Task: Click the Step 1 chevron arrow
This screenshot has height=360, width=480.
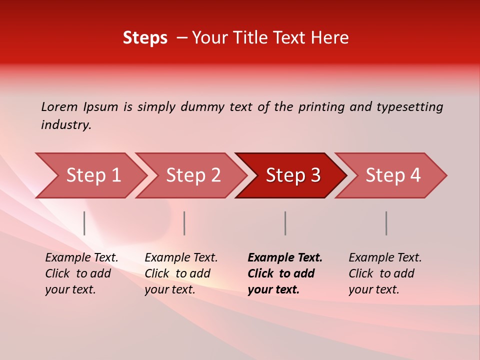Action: point(92,175)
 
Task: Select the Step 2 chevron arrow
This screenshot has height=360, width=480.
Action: point(193,175)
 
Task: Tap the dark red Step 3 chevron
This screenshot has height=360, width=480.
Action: point(292,175)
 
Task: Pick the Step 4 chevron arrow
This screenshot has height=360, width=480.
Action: point(392,175)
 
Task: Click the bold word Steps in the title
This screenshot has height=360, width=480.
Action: point(145,38)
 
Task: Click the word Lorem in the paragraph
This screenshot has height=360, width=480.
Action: point(59,107)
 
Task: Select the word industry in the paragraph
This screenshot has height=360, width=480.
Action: point(65,125)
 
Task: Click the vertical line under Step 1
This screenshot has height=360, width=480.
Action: point(84,223)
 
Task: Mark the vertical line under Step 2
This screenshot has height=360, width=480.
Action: point(184,223)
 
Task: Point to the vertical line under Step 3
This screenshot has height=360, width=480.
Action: point(285,223)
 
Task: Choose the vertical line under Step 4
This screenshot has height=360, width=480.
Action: point(386,223)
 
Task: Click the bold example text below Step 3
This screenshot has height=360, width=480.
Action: point(284,273)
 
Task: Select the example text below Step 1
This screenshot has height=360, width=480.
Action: point(81,273)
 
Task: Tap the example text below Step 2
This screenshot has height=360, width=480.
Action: point(181,273)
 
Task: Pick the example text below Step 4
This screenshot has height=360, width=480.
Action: point(385,273)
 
